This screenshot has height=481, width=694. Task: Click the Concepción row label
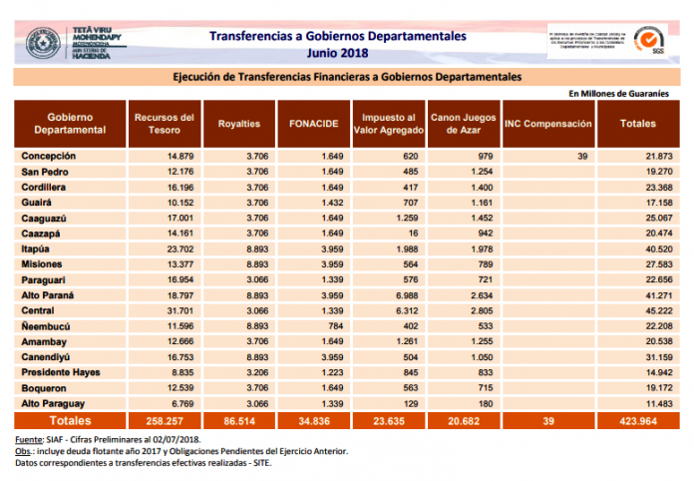49,156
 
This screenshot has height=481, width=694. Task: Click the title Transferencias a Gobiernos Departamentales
337,35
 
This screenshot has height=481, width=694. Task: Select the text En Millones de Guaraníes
617,93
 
